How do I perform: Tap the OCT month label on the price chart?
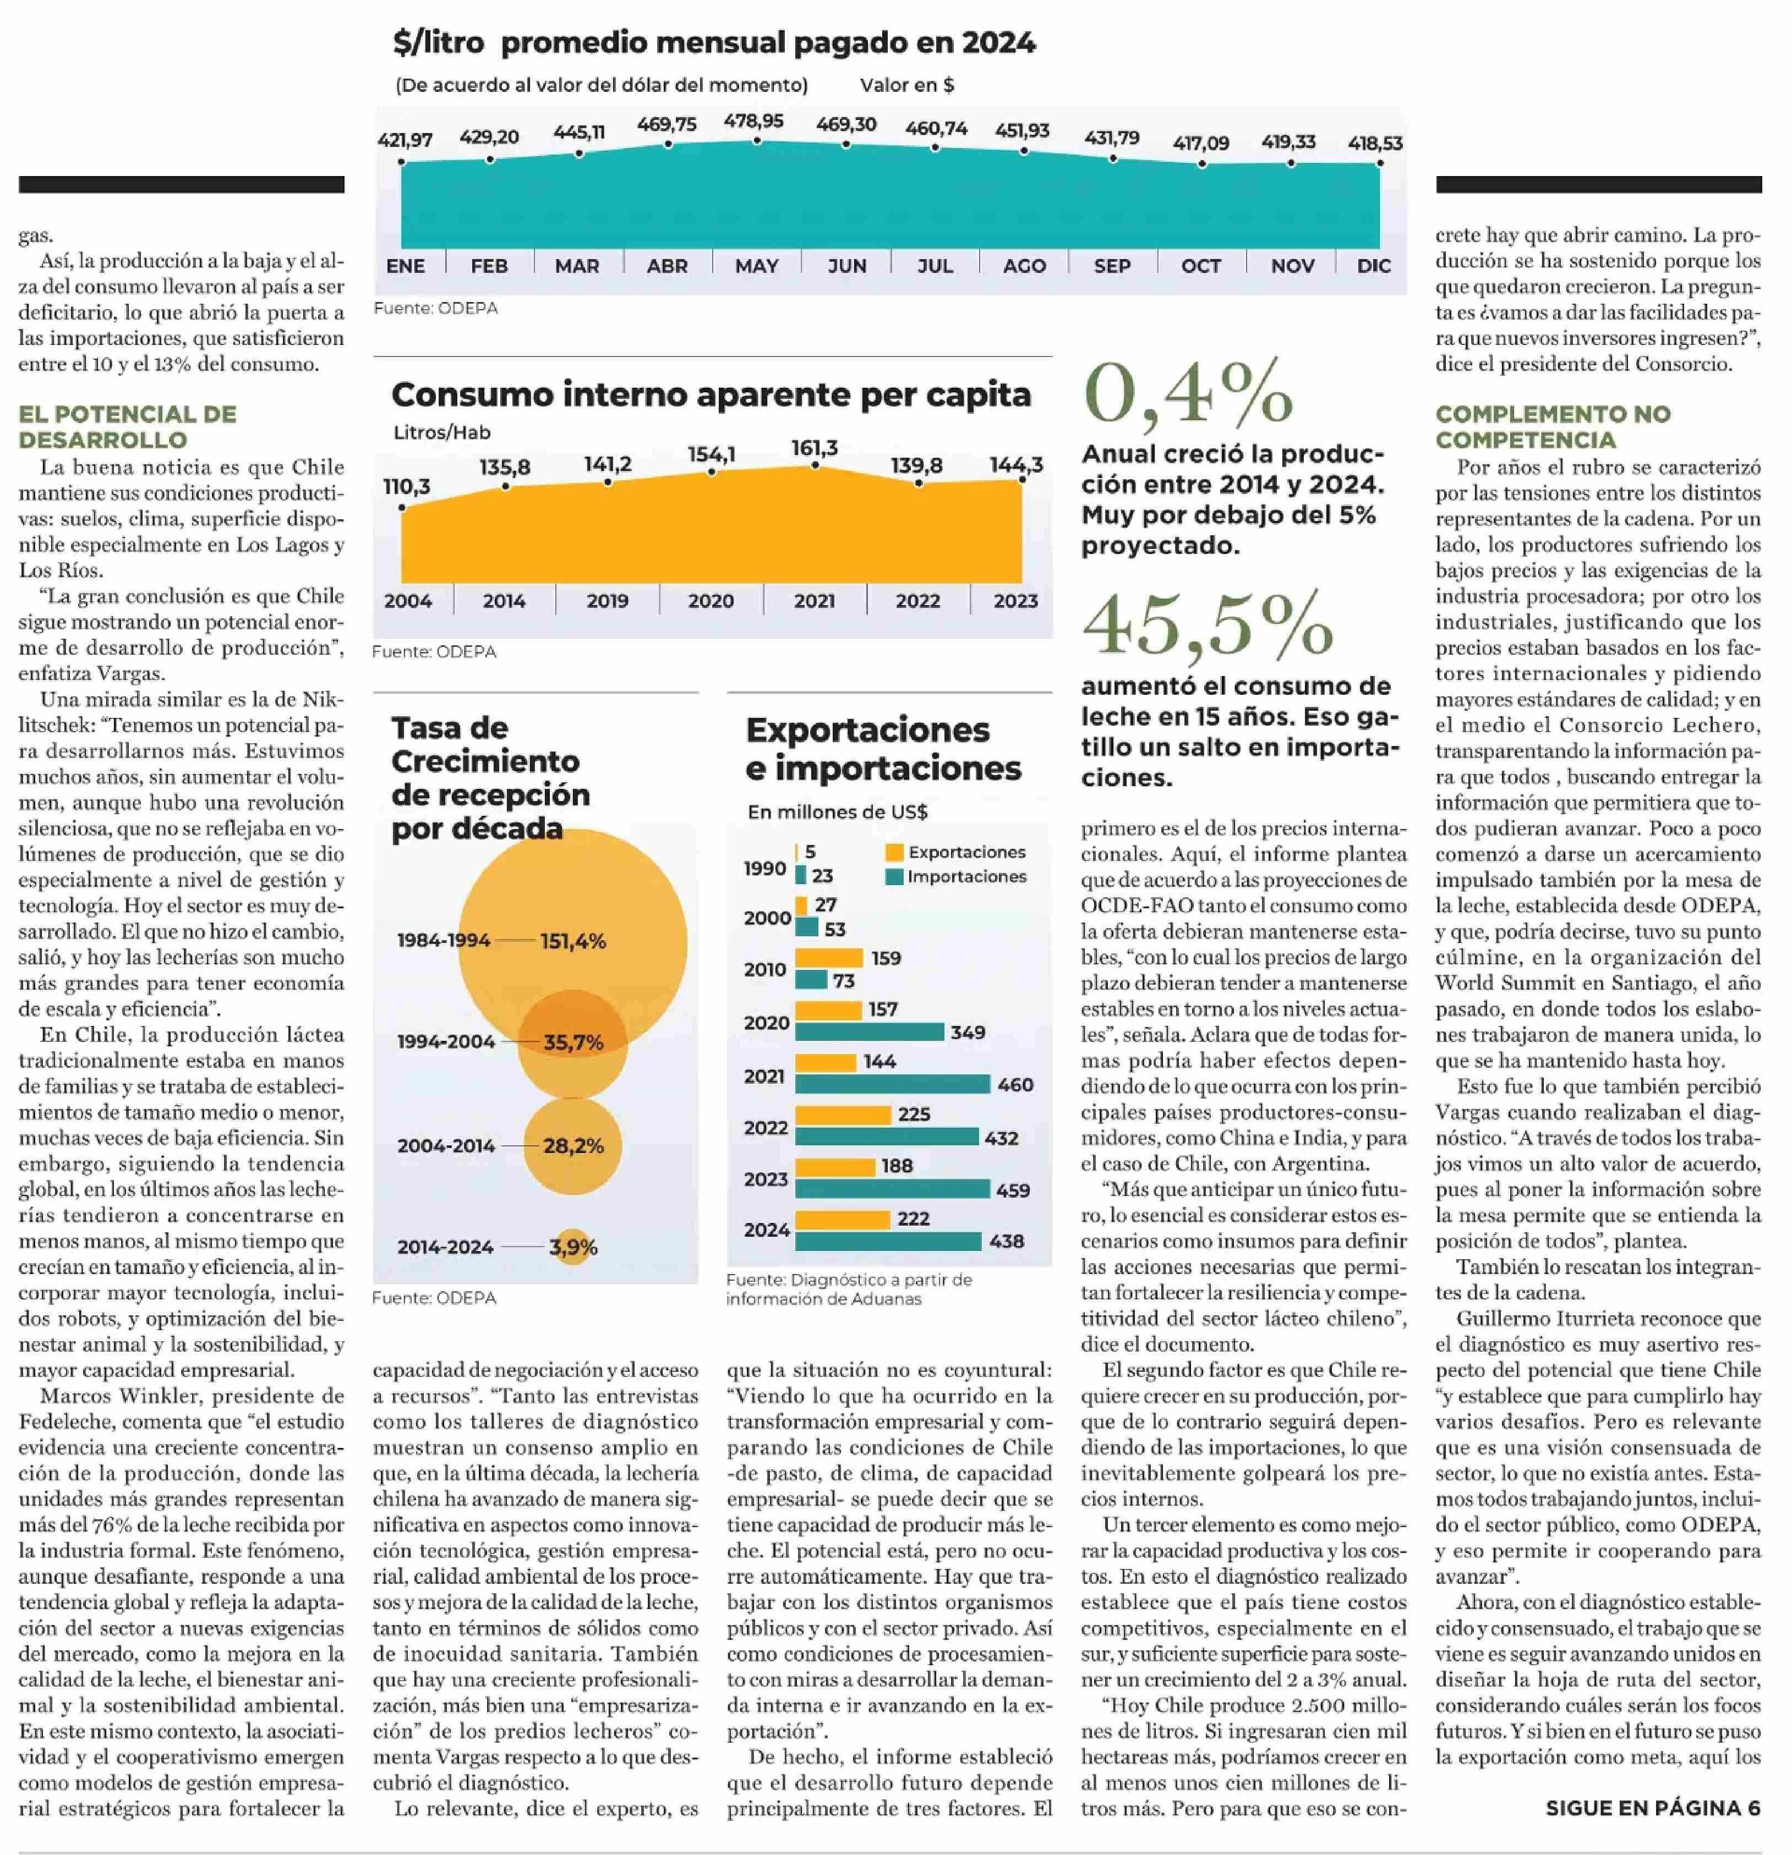pyautogui.click(x=1200, y=266)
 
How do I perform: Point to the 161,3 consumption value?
pyautogui.click(x=814, y=448)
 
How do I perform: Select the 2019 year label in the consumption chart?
pyautogui.click(x=607, y=601)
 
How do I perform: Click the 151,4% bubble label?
pyautogui.click(x=573, y=941)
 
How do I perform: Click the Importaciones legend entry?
pyautogui.click(x=956, y=876)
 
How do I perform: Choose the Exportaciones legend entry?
pyautogui.click(x=956, y=852)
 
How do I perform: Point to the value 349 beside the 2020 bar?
pyautogui.click(x=968, y=1033)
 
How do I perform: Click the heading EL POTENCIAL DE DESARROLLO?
pyautogui.click(x=128, y=427)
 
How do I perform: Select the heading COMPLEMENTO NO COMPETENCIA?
pyautogui.click(x=1553, y=427)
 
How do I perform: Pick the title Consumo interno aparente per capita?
pyautogui.click(x=711, y=394)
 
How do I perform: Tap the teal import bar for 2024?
pyautogui.click(x=888, y=1241)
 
